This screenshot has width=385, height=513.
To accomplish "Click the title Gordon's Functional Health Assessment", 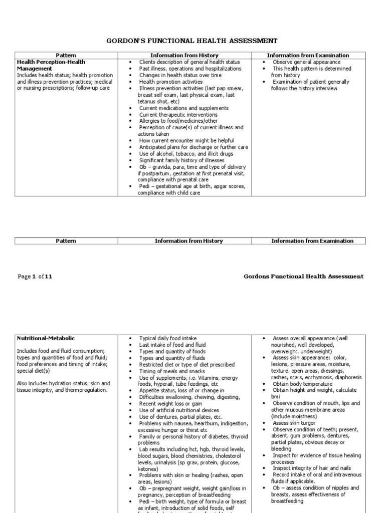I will [x=192, y=41].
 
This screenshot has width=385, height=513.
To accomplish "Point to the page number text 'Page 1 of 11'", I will [x=35, y=276].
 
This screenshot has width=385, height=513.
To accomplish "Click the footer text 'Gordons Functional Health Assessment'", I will [x=303, y=276].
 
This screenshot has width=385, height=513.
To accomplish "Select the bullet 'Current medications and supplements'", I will [x=183, y=108].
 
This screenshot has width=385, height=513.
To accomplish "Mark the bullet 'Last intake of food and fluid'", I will [x=172, y=345].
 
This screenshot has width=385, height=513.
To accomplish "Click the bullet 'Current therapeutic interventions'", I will [x=178, y=114].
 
